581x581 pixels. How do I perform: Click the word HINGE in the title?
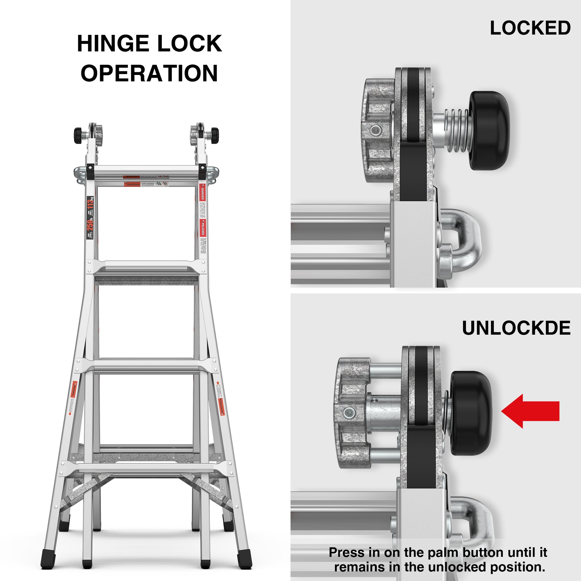click(113, 44)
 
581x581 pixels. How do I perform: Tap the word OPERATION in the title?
click(149, 73)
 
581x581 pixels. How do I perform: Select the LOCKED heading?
click(530, 28)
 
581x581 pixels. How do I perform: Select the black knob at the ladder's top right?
click(214, 135)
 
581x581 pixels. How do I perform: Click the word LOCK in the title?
click(190, 44)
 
